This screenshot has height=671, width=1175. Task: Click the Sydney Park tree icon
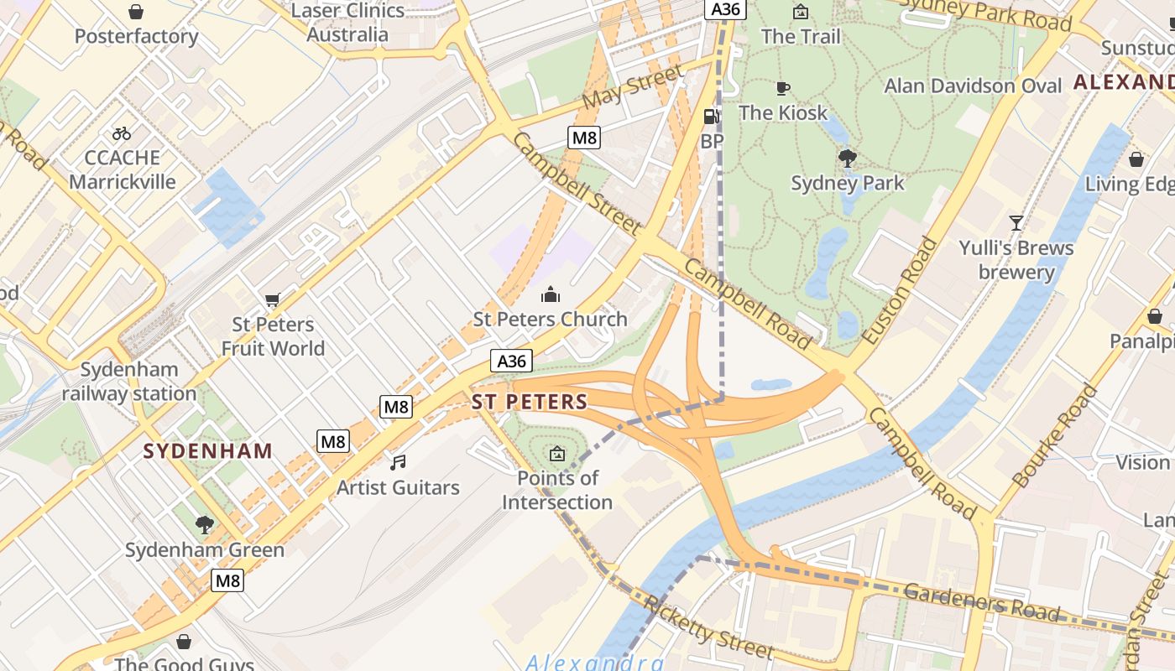pos(848,157)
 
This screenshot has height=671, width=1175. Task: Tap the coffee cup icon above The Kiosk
pos(782,88)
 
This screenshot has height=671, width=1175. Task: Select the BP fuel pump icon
pos(711,117)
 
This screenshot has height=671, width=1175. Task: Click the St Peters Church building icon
pos(551,294)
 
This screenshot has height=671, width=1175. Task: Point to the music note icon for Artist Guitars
pos(398,462)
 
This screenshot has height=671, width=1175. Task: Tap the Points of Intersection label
pos(557,490)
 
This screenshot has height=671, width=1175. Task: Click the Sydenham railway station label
pos(129,382)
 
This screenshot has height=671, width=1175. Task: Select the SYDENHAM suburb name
pos(208,451)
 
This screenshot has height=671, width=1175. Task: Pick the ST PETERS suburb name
pos(530,402)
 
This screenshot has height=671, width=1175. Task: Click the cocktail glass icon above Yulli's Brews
pos(1016,223)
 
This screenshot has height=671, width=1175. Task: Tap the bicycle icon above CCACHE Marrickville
pos(122,133)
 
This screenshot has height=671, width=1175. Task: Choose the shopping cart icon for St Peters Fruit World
pos(272,300)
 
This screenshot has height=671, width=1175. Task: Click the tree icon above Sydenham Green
pos(204,525)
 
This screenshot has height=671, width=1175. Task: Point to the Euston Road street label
pos(899,290)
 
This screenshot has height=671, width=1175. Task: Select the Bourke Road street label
pos(1055,436)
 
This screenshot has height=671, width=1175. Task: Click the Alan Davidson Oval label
pos(973,86)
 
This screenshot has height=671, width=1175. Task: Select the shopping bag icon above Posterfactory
pos(135,12)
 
